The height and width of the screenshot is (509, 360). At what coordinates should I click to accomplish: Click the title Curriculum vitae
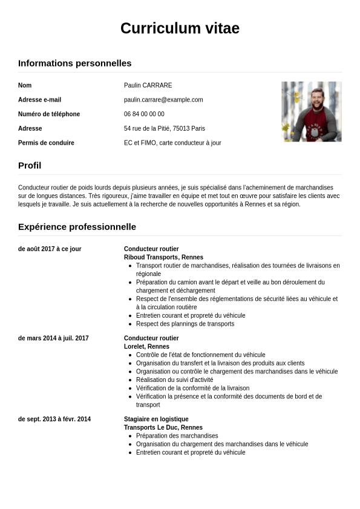(x=180, y=28)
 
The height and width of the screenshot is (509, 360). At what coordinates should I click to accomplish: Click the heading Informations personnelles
(x=74, y=63)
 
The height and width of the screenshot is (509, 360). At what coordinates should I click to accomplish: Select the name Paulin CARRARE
(x=148, y=85)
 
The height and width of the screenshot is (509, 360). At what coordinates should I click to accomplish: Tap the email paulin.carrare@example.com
(x=163, y=100)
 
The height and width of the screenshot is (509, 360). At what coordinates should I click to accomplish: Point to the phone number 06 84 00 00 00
(x=144, y=114)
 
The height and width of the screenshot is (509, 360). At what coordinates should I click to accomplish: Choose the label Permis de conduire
(x=46, y=143)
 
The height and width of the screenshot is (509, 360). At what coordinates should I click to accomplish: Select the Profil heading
(x=30, y=165)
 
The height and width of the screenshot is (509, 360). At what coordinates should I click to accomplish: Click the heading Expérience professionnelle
(x=77, y=227)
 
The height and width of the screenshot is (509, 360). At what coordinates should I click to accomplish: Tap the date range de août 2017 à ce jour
(x=50, y=249)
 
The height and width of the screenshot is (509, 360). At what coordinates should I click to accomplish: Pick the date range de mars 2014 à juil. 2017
(x=53, y=338)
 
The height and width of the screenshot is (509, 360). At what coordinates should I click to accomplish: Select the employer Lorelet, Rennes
(x=146, y=347)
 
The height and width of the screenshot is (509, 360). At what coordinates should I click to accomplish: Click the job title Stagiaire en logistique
(x=156, y=419)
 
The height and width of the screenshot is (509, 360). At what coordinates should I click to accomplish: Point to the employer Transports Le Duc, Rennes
(x=163, y=427)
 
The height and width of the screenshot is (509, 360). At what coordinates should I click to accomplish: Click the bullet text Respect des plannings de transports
(x=185, y=324)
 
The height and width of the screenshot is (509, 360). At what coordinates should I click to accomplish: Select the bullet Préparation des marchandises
(x=177, y=436)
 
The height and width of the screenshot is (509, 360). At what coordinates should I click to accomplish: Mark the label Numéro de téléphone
(x=49, y=114)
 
